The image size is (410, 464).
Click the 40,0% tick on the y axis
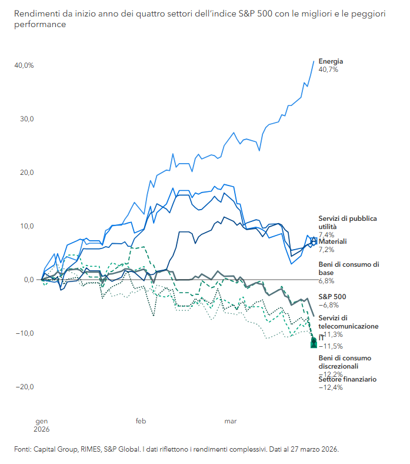24,65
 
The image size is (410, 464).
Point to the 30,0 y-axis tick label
26,119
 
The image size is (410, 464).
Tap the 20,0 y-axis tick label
26,173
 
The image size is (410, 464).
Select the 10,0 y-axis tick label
26,226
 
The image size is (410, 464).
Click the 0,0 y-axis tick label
28,280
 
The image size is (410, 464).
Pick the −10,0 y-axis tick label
25,333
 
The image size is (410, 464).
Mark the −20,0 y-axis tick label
25,387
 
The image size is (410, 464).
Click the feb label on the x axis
141,421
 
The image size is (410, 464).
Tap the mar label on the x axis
231,421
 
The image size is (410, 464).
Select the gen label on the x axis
42,421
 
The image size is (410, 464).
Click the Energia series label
331,61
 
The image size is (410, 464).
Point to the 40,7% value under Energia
328,69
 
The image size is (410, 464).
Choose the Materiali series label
332,241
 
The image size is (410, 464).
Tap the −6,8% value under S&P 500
329,305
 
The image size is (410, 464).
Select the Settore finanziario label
348,379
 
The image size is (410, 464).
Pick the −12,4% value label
331,387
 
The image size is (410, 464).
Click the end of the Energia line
314,60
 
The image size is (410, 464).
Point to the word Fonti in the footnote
22,449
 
